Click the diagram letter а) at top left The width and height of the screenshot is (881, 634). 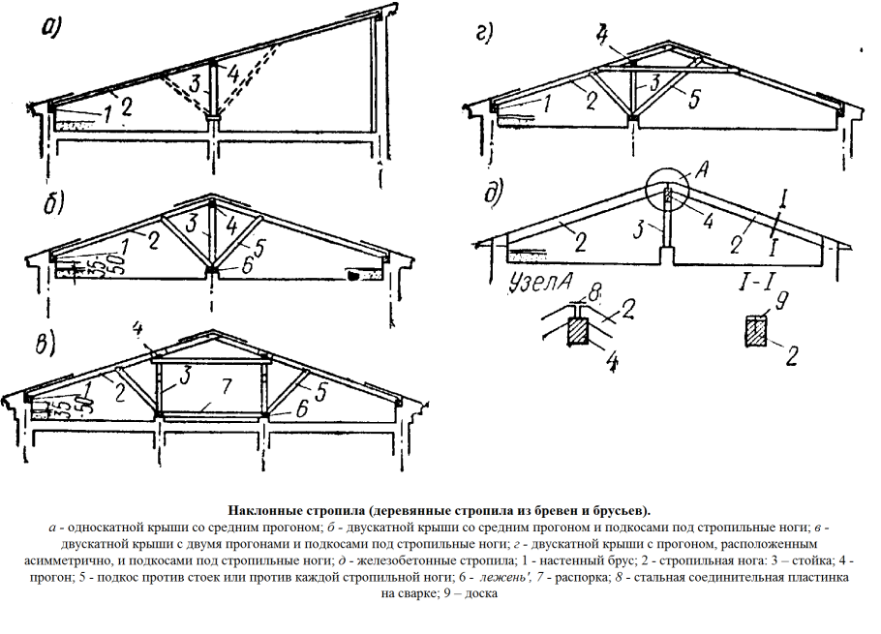[x=50, y=29]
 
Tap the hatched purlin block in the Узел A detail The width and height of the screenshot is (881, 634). [x=578, y=330]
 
